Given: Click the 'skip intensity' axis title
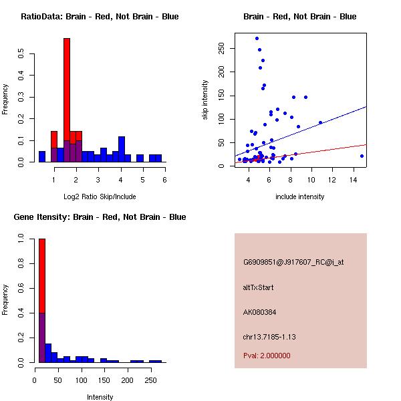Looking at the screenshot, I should click(205, 100).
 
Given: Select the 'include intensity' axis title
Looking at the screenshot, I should click(300, 196).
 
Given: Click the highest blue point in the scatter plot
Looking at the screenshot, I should click(257, 38).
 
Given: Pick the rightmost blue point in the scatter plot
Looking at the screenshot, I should click(362, 156).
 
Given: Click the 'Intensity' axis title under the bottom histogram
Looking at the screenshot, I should click(100, 397).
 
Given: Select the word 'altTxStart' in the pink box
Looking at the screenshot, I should click(259, 288).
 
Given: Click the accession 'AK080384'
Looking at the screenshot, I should click(260, 312).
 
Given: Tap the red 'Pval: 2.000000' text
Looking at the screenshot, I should click(267, 356).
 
